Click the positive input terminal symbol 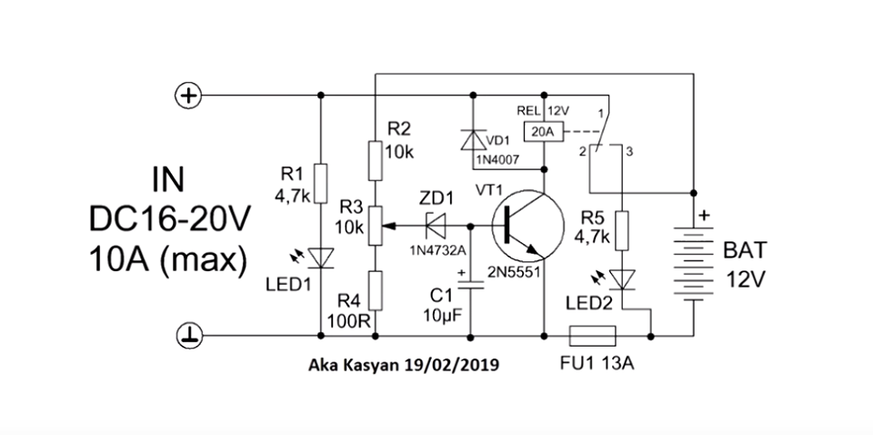tap(188, 95)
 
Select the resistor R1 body tap(320, 183)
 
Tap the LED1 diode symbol tap(320, 259)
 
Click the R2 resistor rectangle tap(375, 160)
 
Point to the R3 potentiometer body tap(375, 224)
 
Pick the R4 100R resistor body tap(375, 288)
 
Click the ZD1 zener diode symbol tap(434, 224)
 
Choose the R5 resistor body tap(622, 231)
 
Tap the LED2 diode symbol tap(622, 277)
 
